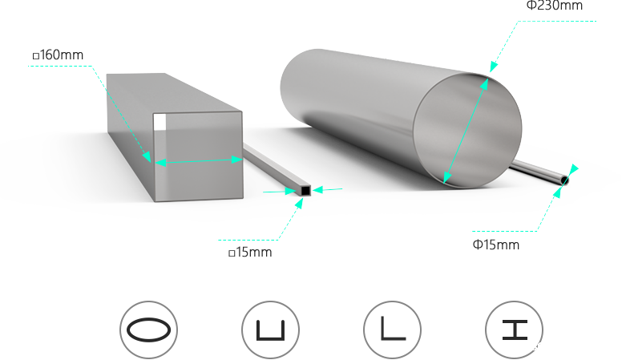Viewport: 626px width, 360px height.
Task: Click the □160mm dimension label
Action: point(58,55)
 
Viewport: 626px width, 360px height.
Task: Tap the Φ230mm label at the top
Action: point(554,5)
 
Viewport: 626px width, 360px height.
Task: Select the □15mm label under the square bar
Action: point(250,253)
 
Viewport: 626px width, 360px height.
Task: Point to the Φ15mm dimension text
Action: point(496,245)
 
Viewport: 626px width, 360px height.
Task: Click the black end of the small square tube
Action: point(305,191)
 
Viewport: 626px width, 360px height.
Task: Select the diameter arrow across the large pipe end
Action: point(466,128)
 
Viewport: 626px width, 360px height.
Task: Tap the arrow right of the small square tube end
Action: point(327,190)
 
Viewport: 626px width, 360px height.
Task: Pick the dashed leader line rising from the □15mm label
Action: point(289,220)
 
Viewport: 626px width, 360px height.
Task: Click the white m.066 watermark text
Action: point(527,347)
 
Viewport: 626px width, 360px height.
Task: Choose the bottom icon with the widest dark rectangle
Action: point(148,330)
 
